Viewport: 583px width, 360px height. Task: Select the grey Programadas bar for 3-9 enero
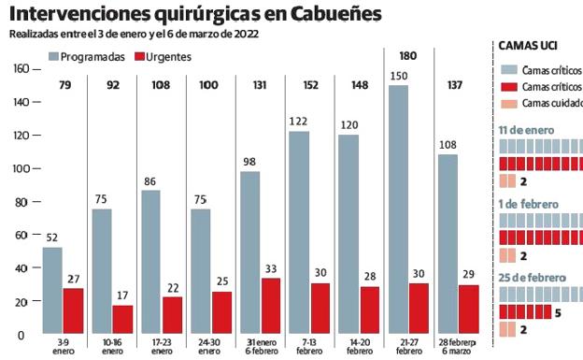tap(52, 290)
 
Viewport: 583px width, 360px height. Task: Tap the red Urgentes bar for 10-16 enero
tap(122, 319)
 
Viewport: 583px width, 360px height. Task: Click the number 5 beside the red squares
tap(557, 312)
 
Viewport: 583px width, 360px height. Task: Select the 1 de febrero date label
tap(530, 203)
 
